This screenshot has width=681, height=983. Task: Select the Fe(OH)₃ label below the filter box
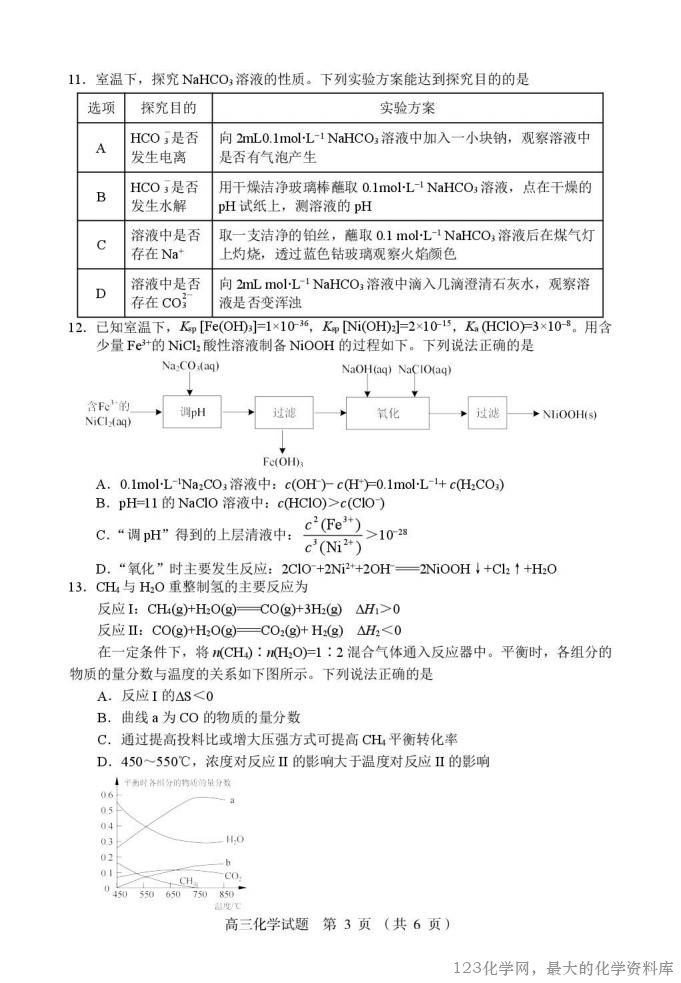click(x=283, y=461)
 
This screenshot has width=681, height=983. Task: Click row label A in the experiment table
click(x=101, y=148)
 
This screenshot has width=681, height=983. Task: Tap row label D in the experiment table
click(x=101, y=293)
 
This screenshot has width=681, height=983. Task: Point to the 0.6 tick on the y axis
click(x=106, y=795)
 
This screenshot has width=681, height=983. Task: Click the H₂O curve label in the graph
click(x=234, y=840)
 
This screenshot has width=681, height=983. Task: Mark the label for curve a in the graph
click(x=232, y=800)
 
